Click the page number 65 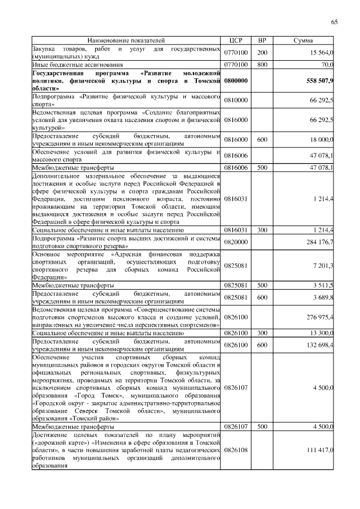(x=334, y=22)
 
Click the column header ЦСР (x=236, y=41)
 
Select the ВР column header (x=262, y=41)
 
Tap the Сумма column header (x=304, y=41)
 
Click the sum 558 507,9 (x=319, y=81)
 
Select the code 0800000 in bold (x=236, y=81)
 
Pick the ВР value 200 (x=262, y=53)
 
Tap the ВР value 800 (x=262, y=65)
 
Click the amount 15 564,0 (x=322, y=53)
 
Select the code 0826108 (x=236, y=450)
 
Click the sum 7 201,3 (x=324, y=265)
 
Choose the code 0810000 (x=236, y=101)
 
